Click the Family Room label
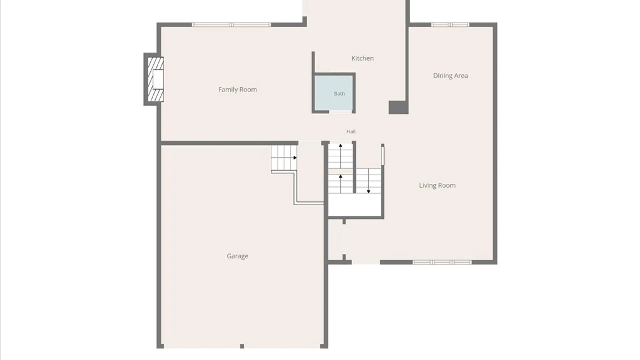pyautogui.click(x=237, y=89)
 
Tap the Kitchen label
pyautogui.click(x=362, y=58)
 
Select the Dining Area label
pyautogui.click(x=450, y=76)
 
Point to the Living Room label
pyautogui.click(x=437, y=185)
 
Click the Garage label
pyautogui.click(x=237, y=256)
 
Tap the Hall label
pyautogui.click(x=351, y=132)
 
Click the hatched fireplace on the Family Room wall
pyautogui.click(x=156, y=79)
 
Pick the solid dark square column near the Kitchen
pyautogui.click(x=398, y=108)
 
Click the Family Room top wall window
pyautogui.click(x=231, y=25)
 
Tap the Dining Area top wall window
pyautogui.click(x=450, y=25)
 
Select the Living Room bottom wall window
pyautogui.click(x=442, y=262)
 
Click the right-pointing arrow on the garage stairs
pyautogui.click(x=295, y=158)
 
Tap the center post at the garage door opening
pyautogui.click(x=242, y=346)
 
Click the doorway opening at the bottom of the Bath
pyautogui.click(x=340, y=112)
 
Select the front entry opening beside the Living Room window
pyautogui.click(x=366, y=262)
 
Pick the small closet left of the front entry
pyautogui.click(x=336, y=240)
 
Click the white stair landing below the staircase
pyautogui.click(x=355, y=205)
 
